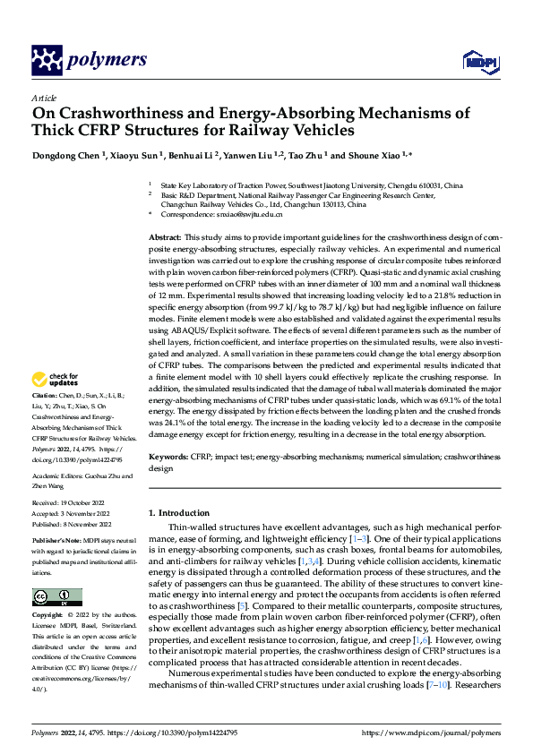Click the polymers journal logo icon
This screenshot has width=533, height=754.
click(x=45, y=60)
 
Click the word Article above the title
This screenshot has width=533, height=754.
click(x=43, y=98)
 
